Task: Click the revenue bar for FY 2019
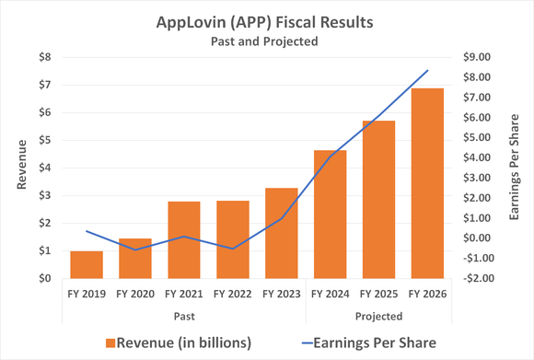87,264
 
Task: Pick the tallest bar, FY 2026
426,183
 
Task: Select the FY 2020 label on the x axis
135,295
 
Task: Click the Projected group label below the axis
377,315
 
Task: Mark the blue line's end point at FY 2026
426,71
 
